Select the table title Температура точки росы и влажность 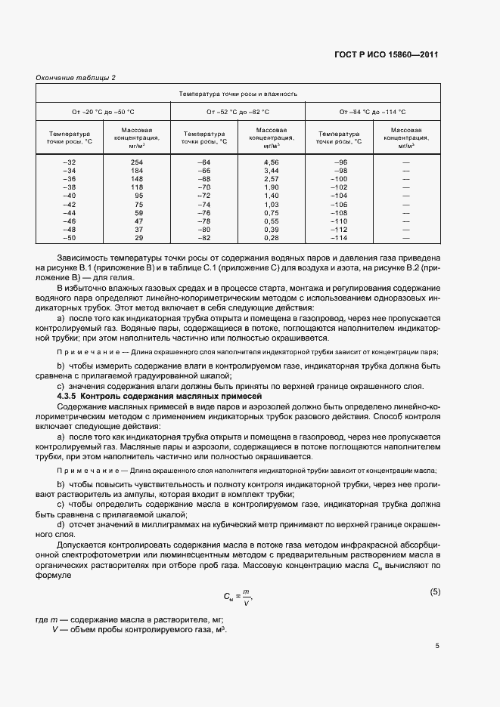click(x=238, y=94)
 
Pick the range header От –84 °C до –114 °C click(x=372, y=112)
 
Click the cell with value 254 click(x=137, y=162)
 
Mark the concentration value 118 click(x=137, y=187)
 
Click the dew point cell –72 click(x=203, y=196)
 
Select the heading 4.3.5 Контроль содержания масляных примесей click(x=159, y=396)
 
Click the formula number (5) click(x=434, y=591)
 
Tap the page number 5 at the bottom click(x=436, y=646)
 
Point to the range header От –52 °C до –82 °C click(x=238, y=112)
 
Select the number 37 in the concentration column click(x=138, y=229)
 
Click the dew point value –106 click(x=338, y=204)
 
